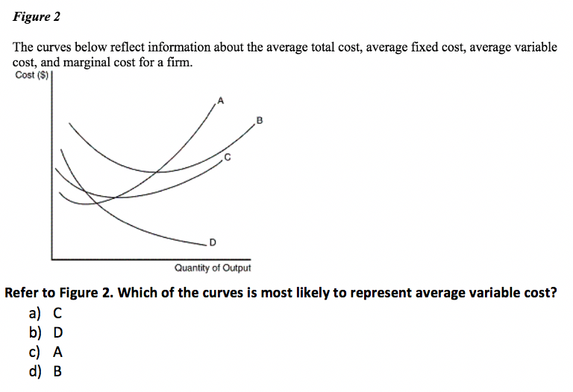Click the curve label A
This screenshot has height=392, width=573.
click(220, 99)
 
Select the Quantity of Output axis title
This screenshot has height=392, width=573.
click(212, 268)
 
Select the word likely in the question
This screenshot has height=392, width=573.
click(304, 292)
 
